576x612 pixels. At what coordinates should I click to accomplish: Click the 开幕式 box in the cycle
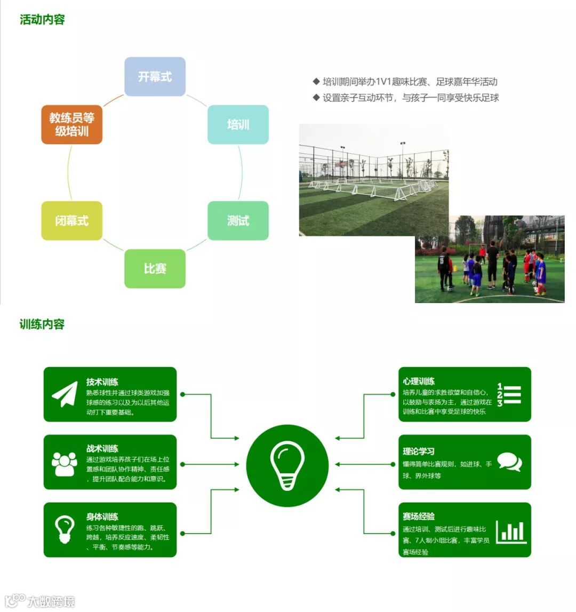tap(155, 77)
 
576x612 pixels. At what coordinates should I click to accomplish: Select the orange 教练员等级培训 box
tap(71, 124)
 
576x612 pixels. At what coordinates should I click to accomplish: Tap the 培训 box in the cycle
tap(238, 124)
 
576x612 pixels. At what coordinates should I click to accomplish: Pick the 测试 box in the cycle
tap(238, 220)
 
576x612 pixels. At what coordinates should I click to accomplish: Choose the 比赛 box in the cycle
tap(155, 268)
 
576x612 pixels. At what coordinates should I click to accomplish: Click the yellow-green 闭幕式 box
tap(71, 220)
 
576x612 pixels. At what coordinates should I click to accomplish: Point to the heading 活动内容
tap(42, 20)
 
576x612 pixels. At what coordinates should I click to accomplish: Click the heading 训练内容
tap(42, 324)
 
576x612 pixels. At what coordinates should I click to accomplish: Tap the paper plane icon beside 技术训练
tap(65, 394)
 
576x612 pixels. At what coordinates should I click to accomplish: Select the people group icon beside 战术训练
tap(65, 464)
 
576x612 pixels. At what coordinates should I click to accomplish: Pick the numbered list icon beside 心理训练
tap(509, 395)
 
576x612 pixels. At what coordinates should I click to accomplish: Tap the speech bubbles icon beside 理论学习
tap(509, 462)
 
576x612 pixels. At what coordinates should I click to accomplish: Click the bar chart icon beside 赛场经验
tap(511, 531)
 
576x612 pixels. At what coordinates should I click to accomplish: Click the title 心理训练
tap(419, 381)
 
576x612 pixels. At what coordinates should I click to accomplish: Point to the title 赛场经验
tap(419, 516)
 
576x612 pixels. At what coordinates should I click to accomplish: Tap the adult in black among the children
tap(492, 263)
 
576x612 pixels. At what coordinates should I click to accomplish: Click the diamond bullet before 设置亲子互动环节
tap(316, 98)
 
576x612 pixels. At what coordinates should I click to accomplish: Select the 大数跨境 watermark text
tap(51, 601)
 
